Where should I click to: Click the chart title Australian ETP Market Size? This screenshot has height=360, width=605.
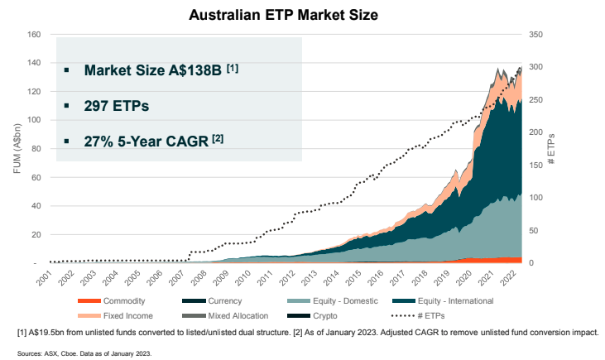tap(302, 15)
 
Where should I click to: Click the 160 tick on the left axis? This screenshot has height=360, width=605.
tap(34, 35)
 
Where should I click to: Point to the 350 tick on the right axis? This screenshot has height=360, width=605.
tap(536, 35)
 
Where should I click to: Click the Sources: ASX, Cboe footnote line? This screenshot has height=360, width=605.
tap(84, 353)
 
